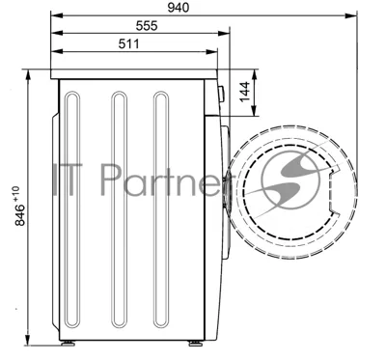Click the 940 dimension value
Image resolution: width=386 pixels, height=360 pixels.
click(x=179, y=8)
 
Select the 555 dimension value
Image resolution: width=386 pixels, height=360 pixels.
click(x=147, y=26)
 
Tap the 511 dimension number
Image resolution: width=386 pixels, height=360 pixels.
click(x=128, y=43)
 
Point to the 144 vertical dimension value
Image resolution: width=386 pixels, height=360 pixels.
click(x=244, y=92)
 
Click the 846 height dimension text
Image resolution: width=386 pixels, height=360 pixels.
click(x=20, y=215)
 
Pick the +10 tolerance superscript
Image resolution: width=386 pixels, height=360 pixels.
click(x=16, y=194)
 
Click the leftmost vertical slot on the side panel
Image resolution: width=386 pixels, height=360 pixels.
click(x=72, y=209)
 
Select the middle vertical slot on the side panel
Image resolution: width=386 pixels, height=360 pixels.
click(x=119, y=209)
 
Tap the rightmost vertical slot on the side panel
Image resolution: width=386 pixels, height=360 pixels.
click(x=161, y=209)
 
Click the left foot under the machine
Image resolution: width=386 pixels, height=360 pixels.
click(x=68, y=344)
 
